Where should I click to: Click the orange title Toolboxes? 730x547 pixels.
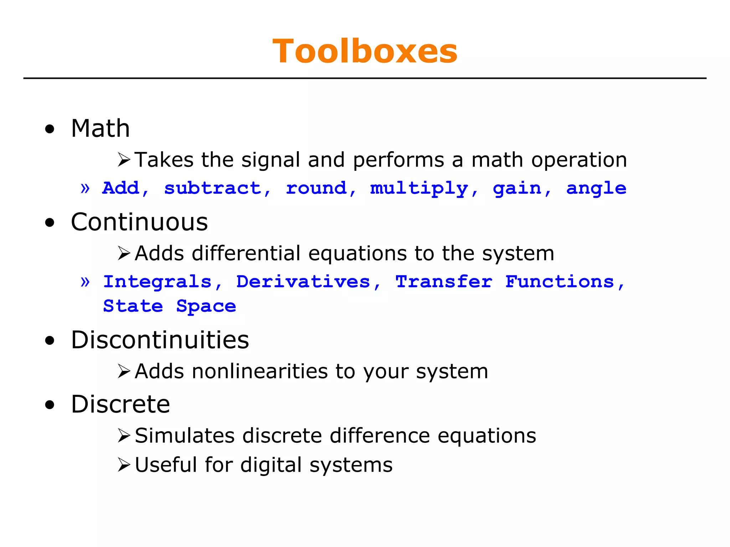[365, 52]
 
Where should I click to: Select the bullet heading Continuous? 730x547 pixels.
[139, 222]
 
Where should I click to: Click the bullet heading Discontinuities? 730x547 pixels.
[160, 340]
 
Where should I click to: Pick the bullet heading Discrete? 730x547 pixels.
[120, 404]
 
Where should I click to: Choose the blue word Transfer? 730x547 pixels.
[444, 282]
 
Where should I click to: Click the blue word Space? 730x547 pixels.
[206, 306]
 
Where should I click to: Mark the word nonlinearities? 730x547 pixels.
[259, 371]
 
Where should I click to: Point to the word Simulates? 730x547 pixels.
[185, 436]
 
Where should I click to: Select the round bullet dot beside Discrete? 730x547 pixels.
[50, 405]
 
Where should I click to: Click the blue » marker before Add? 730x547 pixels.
[85, 188]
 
